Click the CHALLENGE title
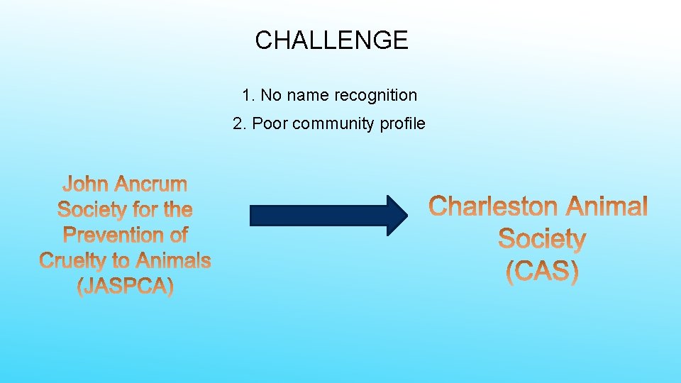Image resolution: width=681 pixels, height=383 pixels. point(331,40)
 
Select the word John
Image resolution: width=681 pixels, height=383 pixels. point(86,184)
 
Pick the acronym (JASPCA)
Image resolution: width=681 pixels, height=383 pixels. point(125,287)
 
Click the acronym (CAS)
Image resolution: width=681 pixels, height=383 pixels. point(542,272)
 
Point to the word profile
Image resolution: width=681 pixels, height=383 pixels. point(402,123)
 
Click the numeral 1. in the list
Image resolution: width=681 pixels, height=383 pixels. point(248,95)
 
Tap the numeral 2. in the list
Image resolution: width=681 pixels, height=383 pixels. point(239,123)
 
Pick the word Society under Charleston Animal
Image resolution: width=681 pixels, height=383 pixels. point(542,239)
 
